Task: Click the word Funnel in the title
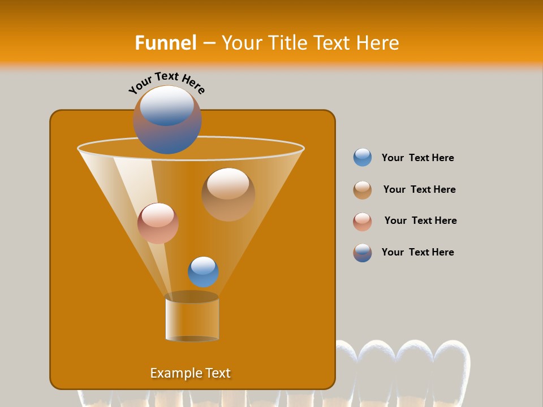pos(165,43)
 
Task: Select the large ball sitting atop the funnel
pos(167,120)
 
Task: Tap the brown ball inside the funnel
pos(228,194)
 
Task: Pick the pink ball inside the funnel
pos(158,223)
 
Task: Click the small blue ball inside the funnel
pos(203,272)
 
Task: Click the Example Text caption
pos(190,373)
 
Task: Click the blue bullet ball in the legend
pos(363,158)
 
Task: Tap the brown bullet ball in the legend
pos(363,190)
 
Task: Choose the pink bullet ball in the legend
pos(363,222)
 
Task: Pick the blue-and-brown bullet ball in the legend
pos(363,253)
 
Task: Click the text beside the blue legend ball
pos(417,158)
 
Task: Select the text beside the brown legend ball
pos(419,189)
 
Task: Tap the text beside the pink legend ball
pos(420,220)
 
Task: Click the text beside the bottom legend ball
pos(417,252)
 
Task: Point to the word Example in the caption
pos(175,373)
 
